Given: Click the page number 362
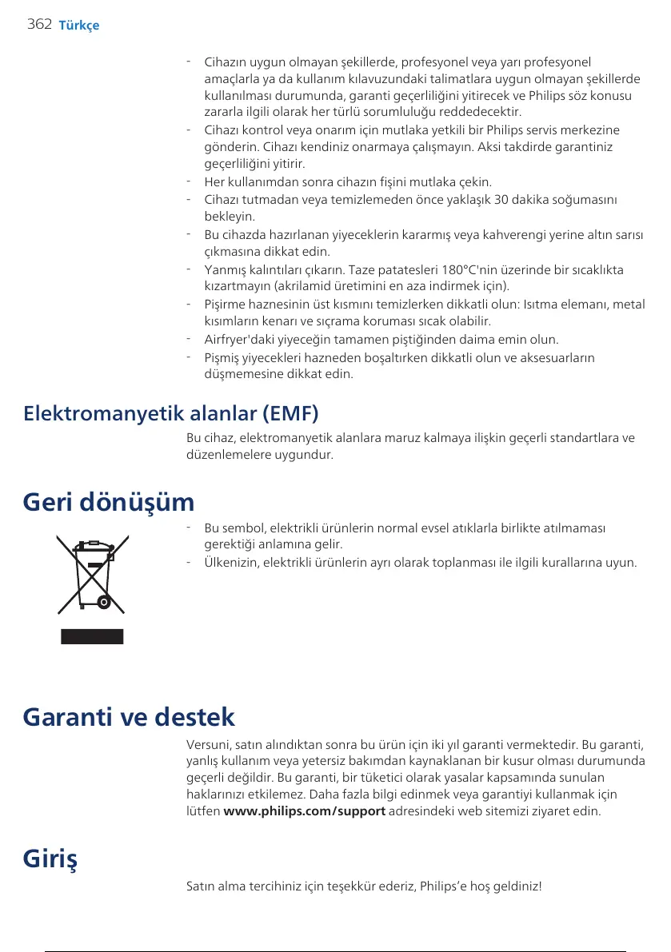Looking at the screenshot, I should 38,24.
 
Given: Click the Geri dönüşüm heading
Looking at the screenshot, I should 109,502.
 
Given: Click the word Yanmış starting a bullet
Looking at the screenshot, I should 225,269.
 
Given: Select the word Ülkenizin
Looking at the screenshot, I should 231,563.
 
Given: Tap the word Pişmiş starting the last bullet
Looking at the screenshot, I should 223,357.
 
